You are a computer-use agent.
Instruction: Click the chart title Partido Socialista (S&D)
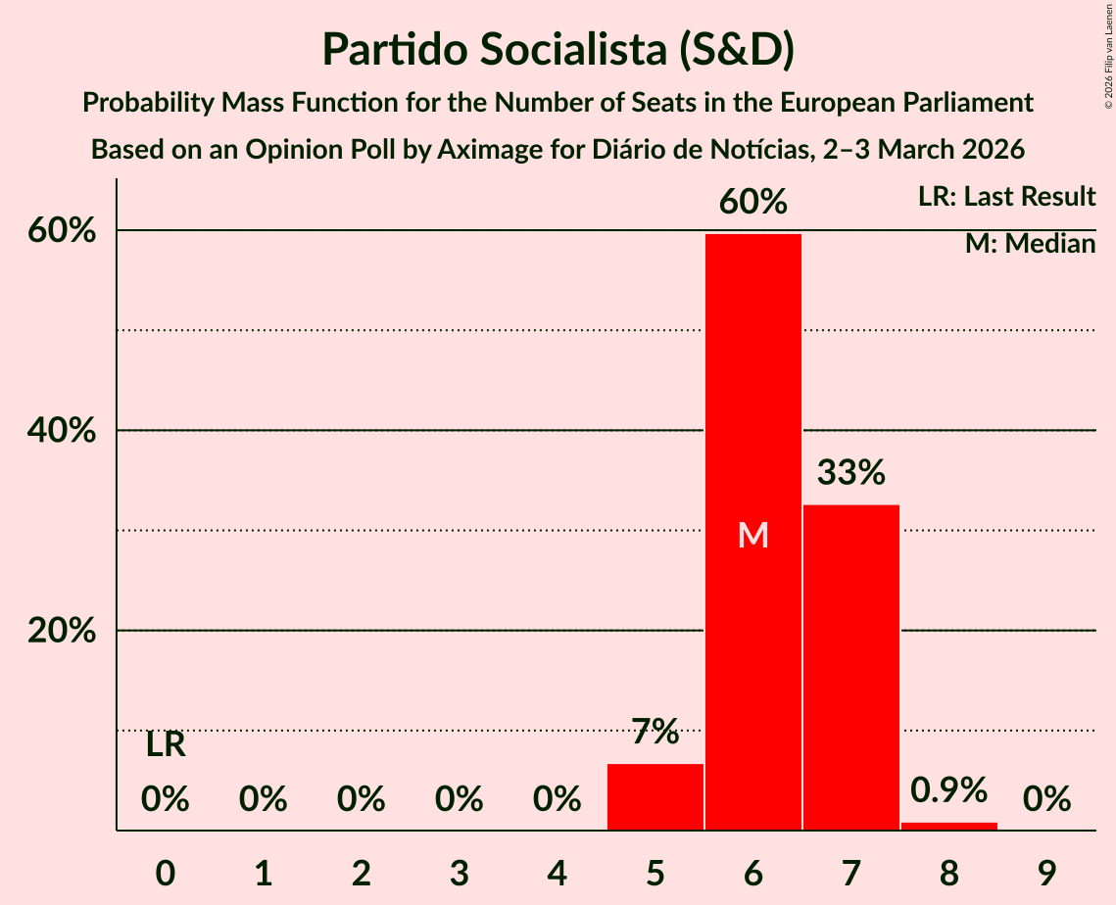tap(558, 49)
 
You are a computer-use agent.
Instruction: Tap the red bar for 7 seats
tap(850, 666)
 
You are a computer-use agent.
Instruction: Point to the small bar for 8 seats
tap(948, 826)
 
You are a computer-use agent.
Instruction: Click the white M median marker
tap(752, 535)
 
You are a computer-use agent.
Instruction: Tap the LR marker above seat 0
tap(166, 745)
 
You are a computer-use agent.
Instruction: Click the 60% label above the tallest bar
tap(752, 202)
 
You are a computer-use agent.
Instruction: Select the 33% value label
tap(850, 473)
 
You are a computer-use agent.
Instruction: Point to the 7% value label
tap(655, 731)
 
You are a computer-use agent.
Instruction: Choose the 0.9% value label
tap(948, 789)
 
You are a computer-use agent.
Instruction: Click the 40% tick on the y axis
tap(62, 431)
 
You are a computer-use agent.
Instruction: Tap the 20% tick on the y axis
tap(62, 631)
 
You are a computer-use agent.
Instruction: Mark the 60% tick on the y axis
tap(62, 231)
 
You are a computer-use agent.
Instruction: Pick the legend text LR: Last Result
tap(1006, 197)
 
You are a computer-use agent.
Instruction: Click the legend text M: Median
tap(1030, 244)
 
